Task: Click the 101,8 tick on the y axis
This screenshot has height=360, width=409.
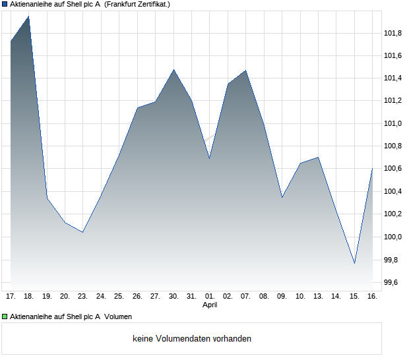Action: click(x=393, y=33)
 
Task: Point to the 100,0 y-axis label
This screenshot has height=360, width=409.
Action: click(x=393, y=237)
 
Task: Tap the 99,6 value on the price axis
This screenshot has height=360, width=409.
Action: click(x=393, y=282)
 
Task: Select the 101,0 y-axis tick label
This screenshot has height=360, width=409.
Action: click(x=393, y=123)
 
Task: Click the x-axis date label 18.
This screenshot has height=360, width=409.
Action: click(x=28, y=297)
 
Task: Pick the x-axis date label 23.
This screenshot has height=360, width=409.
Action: click(x=82, y=297)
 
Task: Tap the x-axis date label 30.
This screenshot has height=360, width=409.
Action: click(x=173, y=297)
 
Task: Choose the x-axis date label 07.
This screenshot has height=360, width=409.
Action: click(x=245, y=297)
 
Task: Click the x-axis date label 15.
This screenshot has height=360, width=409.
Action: click(x=354, y=297)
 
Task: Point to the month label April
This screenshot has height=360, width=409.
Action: click(x=210, y=305)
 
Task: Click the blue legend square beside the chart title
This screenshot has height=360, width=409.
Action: click(x=5, y=4)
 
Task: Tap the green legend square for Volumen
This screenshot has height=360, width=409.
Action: click(x=5, y=316)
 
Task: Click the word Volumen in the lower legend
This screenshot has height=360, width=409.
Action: click(x=118, y=316)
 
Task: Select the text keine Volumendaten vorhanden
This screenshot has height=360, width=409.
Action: click(x=192, y=339)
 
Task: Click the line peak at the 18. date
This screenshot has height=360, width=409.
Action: click(x=28, y=16)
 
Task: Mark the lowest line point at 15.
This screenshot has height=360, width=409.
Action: click(x=354, y=264)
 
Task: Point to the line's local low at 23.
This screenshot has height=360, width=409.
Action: click(x=82, y=232)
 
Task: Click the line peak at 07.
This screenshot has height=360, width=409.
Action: click(x=245, y=70)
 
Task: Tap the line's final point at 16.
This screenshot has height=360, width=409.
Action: click(x=372, y=168)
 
